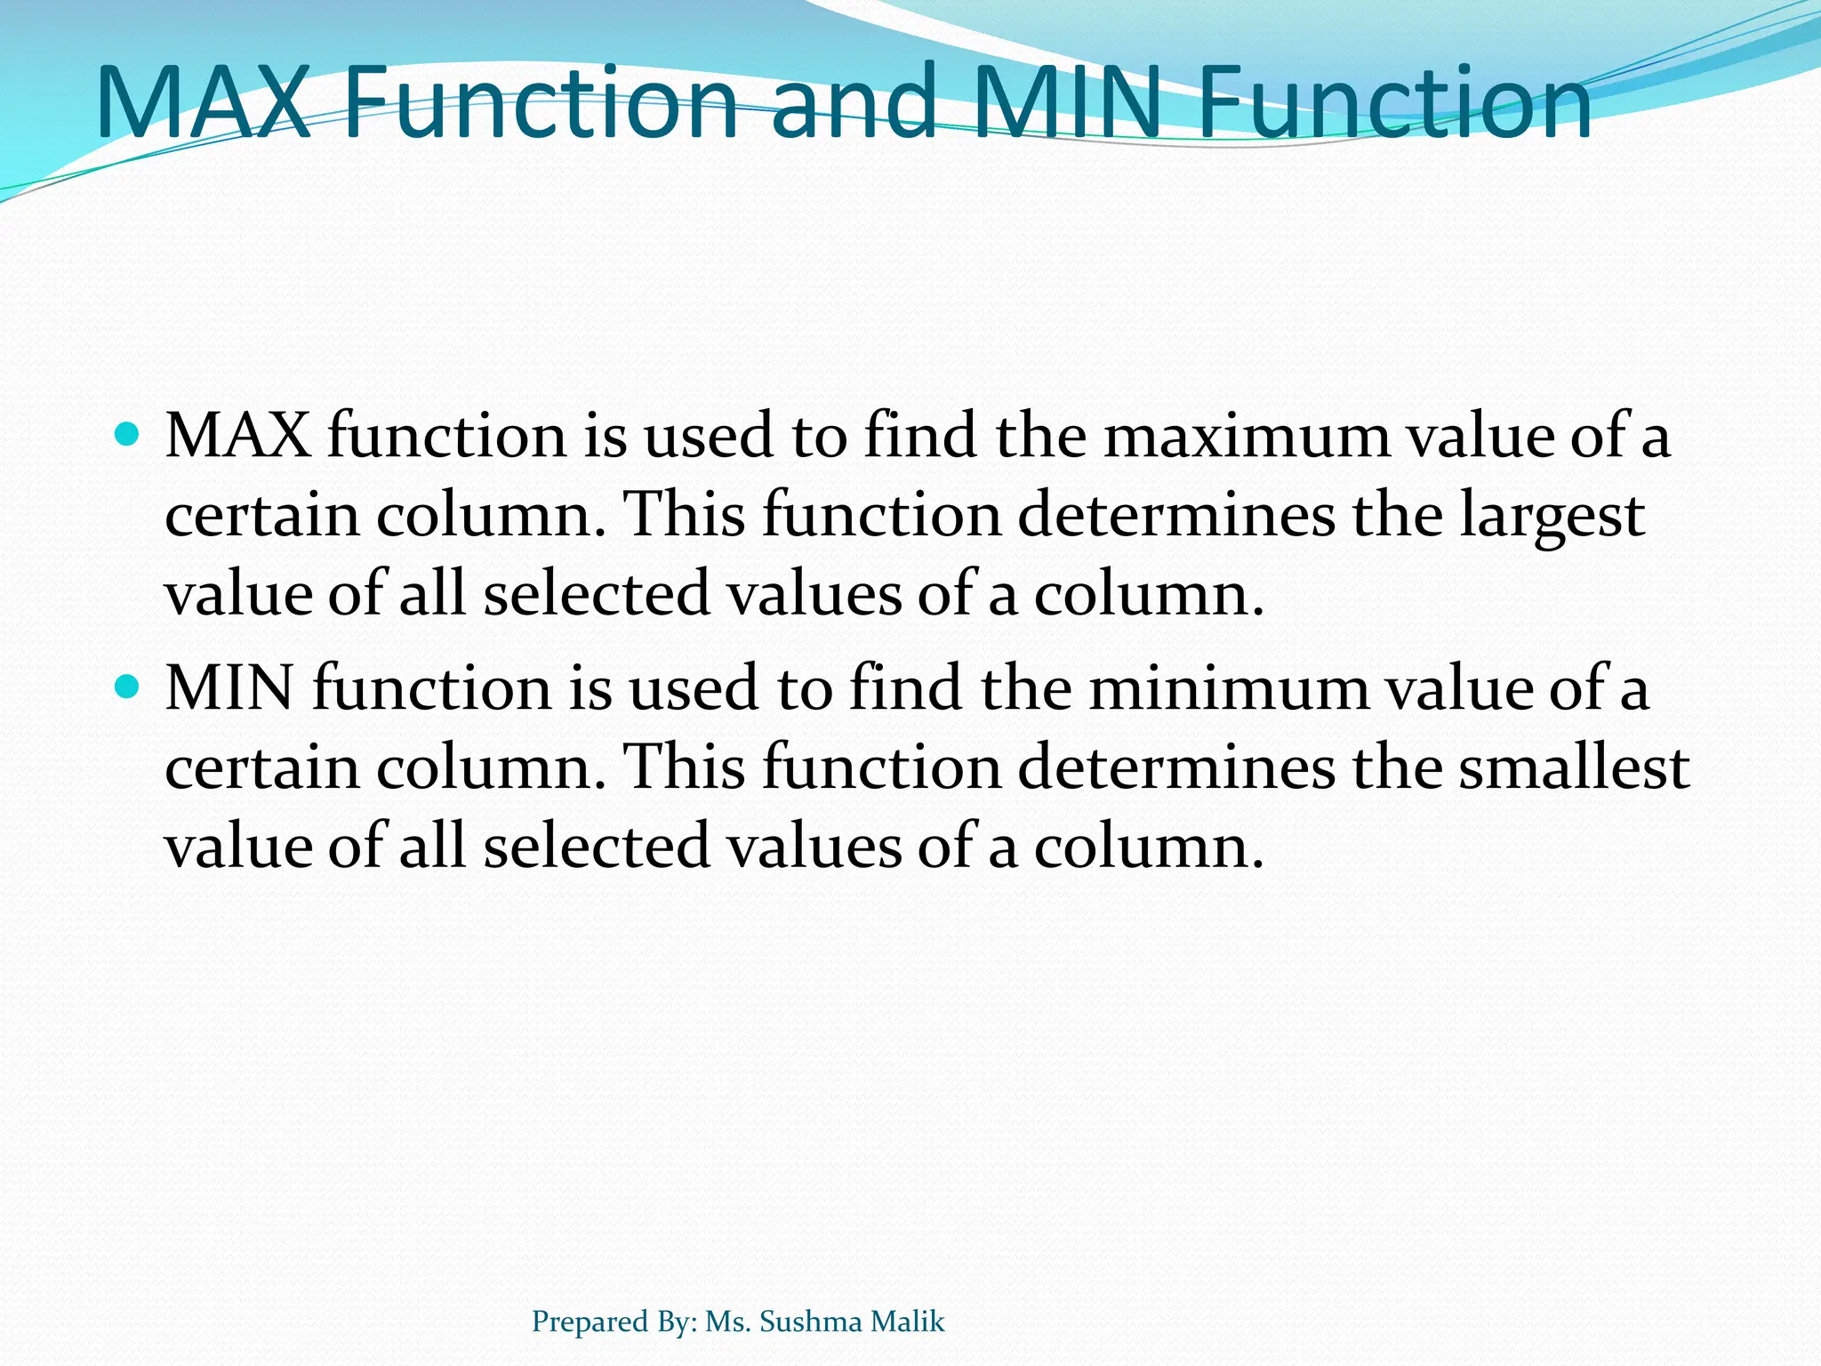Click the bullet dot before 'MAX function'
tap(129, 435)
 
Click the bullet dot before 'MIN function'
tap(129, 687)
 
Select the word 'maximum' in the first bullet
tap(1247, 438)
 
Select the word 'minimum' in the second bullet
tap(1230, 689)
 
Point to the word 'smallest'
tap(1574, 767)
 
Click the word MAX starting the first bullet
tap(238, 438)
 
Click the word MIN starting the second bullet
tap(229, 689)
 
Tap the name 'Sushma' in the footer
tap(811, 1322)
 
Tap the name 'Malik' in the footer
tap(908, 1322)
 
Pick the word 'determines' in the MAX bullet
tap(1176, 516)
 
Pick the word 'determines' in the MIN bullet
tap(1176, 767)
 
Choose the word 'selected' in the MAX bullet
tap(597, 594)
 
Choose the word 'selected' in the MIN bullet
tap(597, 846)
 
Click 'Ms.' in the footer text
tap(728, 1322)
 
